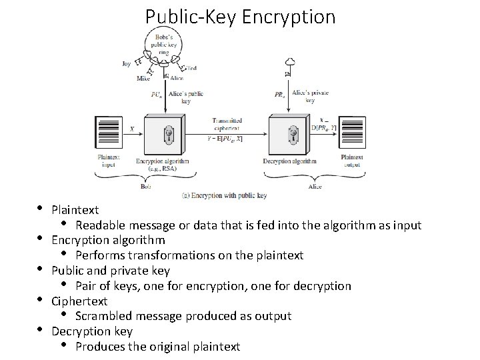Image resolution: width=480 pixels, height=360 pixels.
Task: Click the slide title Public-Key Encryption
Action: (240, 16)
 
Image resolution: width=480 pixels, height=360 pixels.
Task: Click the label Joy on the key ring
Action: (127, 64)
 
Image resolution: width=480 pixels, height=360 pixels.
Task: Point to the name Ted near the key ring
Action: (192, 68)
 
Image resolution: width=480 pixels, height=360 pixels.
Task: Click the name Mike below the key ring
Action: (143, 78)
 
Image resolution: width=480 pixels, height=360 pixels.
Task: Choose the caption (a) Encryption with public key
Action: (224, 195)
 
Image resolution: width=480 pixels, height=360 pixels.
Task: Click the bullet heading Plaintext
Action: (75, 209)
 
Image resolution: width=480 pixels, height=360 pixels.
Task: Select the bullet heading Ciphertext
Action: (79, 301)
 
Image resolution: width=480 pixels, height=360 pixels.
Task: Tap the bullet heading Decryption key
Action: (92, 331)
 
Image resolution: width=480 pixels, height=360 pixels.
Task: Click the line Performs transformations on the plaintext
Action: (189, 255)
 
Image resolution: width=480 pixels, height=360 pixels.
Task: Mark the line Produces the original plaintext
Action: (157, 347)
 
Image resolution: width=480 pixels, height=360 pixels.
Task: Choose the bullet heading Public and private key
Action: (111, 271)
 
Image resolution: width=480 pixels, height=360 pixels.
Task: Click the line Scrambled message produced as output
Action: (183, 316)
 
